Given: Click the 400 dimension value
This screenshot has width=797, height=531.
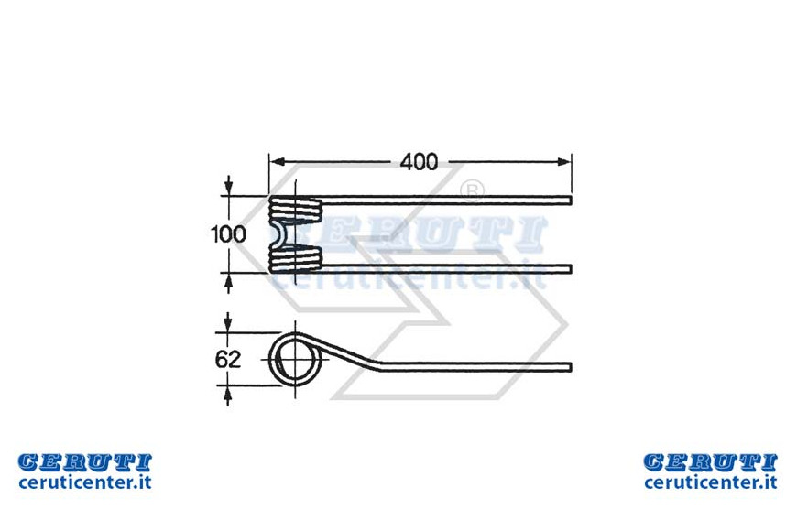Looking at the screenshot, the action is pyautogui.click(x=419, y=162).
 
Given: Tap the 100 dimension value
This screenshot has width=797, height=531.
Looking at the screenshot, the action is pyautogui.click(x=228, y=234).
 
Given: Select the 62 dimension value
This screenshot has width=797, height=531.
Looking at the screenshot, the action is pyautogui.click(x=228, y=360).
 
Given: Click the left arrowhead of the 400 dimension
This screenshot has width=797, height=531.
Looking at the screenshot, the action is pyautogui.click(x=276, y=162).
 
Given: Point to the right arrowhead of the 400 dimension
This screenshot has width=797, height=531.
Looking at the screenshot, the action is pyautogui.click(x=564, y=162).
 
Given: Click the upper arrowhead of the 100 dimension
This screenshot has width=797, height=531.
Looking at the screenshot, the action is pyautogui.click(x=229, y=189).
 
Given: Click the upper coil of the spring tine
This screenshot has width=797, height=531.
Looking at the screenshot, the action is pyautogui.click(x=295, y=210).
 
